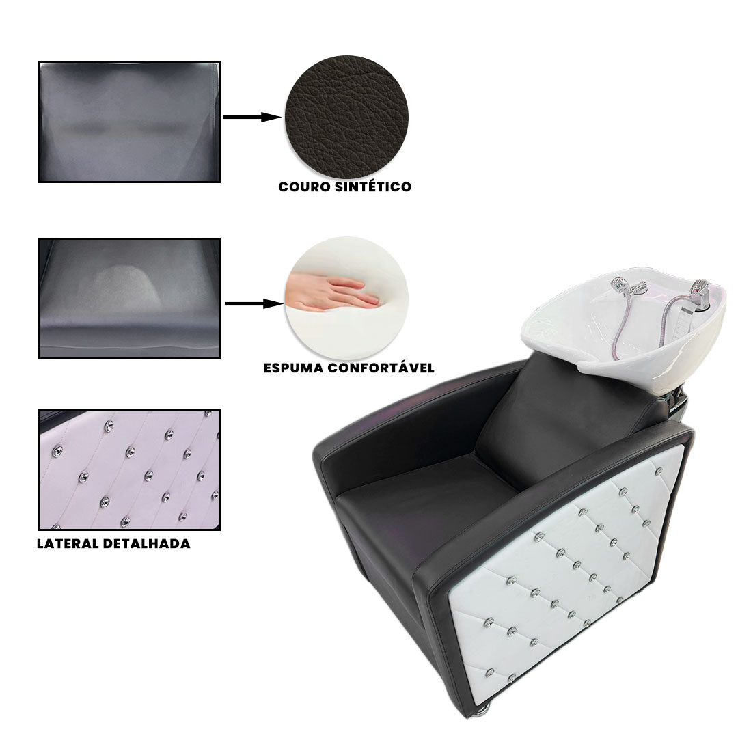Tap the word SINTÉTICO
373,187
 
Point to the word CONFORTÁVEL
381,368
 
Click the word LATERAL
68,544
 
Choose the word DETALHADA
147,544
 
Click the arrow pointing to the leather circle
251,117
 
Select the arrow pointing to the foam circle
254,303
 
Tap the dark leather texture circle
347,118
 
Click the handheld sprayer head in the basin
620,286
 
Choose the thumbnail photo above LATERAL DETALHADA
129,470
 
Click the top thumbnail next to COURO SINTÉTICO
129,122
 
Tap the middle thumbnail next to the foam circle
129,299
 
